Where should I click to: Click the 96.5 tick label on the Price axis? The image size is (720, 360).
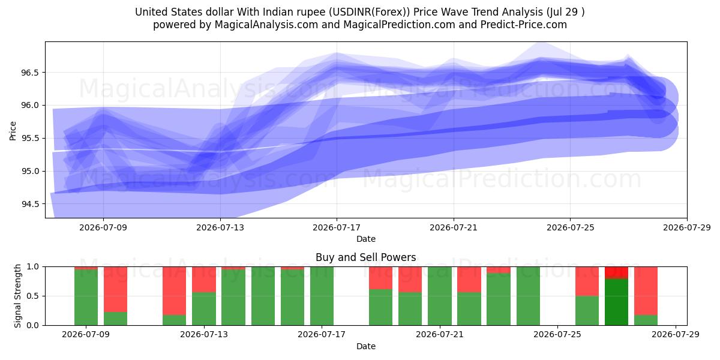pos(29,73)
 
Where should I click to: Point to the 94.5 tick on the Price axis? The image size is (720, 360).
pos(29,204)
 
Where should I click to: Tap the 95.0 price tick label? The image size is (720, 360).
pos(29,172)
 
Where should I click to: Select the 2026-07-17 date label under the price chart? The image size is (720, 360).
pos(337,227)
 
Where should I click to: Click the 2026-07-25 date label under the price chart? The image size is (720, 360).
pos(571,227)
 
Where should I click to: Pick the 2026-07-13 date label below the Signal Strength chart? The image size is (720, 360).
pos(204,334)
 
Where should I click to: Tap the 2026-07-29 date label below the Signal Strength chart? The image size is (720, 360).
pos(676,334)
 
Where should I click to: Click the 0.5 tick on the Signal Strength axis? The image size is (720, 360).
pos(33,296)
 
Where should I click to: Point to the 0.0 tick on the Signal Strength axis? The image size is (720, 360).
pos(33,325)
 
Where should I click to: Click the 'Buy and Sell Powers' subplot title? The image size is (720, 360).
pos(366,257)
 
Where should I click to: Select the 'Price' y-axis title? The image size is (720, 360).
pos(13,131)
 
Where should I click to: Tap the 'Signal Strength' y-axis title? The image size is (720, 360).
pos(17,296)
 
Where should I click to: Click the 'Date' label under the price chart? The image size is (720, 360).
pos(366,239)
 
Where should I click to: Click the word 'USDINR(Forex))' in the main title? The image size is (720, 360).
pos(370,12)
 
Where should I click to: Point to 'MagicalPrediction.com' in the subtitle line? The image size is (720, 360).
pos(399,25)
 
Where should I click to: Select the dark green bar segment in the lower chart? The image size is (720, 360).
pos(617,302)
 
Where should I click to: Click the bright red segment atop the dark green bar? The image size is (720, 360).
pos(617,272)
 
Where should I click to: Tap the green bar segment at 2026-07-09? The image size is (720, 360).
pos(86,298)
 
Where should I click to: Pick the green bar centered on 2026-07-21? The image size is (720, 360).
pos(440,296)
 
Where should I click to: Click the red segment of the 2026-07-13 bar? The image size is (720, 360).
pos(204,280)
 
